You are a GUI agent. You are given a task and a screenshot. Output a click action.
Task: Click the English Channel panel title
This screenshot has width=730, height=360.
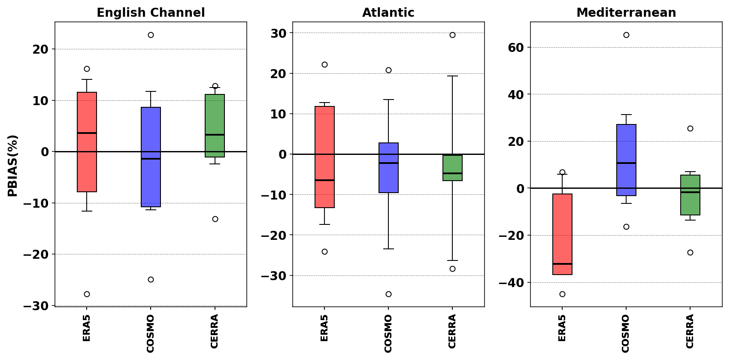[x=151, y=13]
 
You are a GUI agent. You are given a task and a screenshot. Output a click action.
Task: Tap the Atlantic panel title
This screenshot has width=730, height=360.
[x=388, y=13]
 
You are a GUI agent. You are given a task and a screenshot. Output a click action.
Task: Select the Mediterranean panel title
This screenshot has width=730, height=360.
[x=626, y=13]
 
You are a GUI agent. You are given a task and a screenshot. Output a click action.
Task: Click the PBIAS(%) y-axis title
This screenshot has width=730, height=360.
[x=13, y=166]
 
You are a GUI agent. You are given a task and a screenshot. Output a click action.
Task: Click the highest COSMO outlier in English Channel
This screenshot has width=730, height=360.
[x=151, y=35]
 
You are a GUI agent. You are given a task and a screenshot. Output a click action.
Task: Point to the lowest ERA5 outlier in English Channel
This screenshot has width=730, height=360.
[x=87, y=294]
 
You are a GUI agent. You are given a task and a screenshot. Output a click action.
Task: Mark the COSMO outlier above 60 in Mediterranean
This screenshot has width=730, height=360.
[x=626, y=35]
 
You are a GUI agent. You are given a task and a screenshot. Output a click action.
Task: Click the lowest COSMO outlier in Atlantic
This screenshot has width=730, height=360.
[x=388, y=294]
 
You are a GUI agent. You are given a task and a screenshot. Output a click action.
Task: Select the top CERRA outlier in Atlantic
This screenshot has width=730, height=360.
[x=452, y=35]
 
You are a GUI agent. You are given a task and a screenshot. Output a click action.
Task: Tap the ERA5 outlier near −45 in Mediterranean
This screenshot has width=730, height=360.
[x=562, y=294]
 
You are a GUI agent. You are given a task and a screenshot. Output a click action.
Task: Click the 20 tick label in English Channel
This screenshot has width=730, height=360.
[x=40, y=49]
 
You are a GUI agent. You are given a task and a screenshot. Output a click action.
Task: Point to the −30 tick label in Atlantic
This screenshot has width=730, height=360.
[x=273, y=276]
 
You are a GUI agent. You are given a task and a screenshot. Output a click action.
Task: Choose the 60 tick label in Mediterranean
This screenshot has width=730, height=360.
[x=516, y=48]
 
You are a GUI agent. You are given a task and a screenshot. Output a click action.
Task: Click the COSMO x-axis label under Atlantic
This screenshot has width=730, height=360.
[x=388, y=333]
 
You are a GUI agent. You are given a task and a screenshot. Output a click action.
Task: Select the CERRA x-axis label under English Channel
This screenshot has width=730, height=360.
[x=215, y=331]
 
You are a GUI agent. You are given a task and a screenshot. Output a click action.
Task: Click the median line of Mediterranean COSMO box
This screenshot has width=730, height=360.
[x=626, y=163]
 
